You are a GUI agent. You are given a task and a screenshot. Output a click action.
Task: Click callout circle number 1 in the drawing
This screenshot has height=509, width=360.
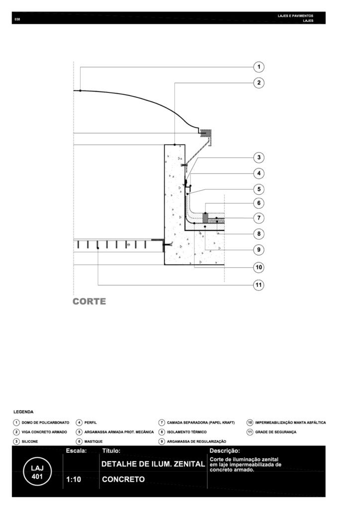point(259,67)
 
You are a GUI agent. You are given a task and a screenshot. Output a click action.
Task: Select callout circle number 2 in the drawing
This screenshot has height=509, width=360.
point(259,83)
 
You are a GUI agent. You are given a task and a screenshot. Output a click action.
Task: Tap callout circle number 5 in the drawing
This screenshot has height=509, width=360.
point(259,189)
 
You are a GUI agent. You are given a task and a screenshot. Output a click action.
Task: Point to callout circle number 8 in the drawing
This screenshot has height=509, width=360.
point(259,234)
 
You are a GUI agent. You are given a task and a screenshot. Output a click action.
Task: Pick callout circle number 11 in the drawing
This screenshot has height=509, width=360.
point(259,285)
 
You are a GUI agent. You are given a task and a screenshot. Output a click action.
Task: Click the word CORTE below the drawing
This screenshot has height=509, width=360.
point(89,301)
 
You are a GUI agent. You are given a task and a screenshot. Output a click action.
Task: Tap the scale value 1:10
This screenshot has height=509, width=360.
point(74,480)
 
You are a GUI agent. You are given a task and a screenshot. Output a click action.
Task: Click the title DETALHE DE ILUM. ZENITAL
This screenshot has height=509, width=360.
point(153,464)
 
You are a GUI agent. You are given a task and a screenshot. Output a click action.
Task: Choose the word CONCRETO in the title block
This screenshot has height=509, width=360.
point(123,480)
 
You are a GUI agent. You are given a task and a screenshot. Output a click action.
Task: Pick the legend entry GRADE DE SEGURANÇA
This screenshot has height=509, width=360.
point(275,432)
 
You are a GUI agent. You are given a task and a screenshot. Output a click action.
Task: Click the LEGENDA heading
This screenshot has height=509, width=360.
point(23,412)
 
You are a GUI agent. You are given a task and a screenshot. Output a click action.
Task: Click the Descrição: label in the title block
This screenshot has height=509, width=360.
point(225,451)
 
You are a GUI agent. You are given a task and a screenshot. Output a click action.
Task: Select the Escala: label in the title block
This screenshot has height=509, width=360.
point(76,451)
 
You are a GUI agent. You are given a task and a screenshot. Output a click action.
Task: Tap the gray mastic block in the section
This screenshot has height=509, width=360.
point(205,217)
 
